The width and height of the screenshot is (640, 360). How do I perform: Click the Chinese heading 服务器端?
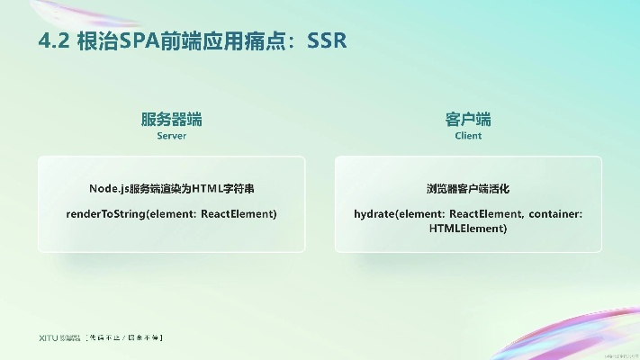point(171,120)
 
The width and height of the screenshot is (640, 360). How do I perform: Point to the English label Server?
point(171,136)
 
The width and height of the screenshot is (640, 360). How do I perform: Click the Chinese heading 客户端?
point(468,120)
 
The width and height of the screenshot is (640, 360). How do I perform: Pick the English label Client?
point(468,136)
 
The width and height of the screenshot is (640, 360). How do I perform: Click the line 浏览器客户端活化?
point(468,189)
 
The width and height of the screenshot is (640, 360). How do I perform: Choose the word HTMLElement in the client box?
point(468,229)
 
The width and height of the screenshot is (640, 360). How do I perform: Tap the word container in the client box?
point(555,214)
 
